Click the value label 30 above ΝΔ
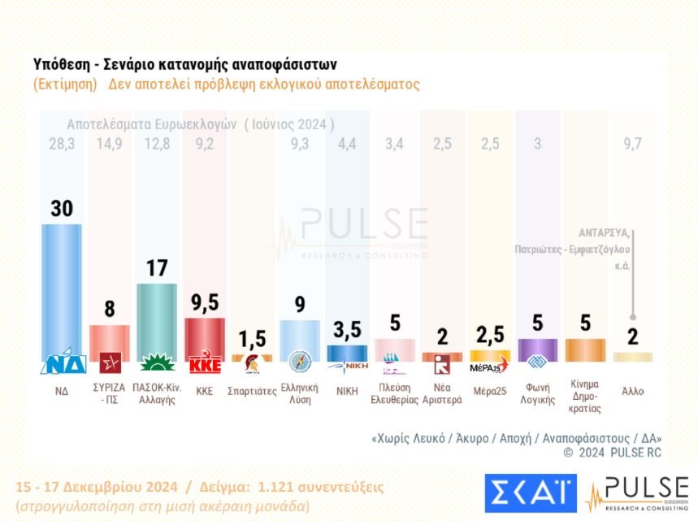pos(62,209)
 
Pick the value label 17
pos(156,268)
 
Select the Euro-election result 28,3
pos(61,145)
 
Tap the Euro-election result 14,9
pos(109,145)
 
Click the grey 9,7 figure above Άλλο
pos(632,145)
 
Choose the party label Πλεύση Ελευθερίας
pos(394,394)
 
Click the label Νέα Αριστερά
pos(442,394)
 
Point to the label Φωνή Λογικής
pos(537,394)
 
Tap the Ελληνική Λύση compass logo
pos(299,363)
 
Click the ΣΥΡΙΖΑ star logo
pos(109,363)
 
